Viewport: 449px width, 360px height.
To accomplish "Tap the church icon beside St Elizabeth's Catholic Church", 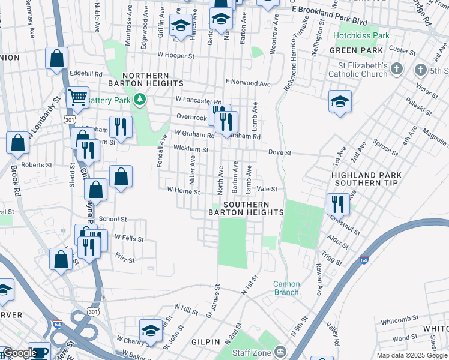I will [x=396, y=70].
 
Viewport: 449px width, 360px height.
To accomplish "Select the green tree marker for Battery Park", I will [x=140, y=98].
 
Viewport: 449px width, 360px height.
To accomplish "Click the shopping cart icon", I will [x=77, y=97].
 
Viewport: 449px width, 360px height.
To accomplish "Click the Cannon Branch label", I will [x=286, y=288].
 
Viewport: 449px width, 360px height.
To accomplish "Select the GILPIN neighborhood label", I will [x=205, y=341].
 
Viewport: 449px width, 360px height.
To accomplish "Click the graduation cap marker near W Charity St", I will [x=151, y=331].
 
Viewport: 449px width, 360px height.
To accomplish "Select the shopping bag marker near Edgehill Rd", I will [x=56, y=59].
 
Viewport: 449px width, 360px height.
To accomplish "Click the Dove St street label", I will [x=279, y=153].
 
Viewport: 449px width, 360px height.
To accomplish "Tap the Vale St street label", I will [x=267, y=189].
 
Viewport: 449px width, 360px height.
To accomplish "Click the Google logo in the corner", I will [x=20, y=353].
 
